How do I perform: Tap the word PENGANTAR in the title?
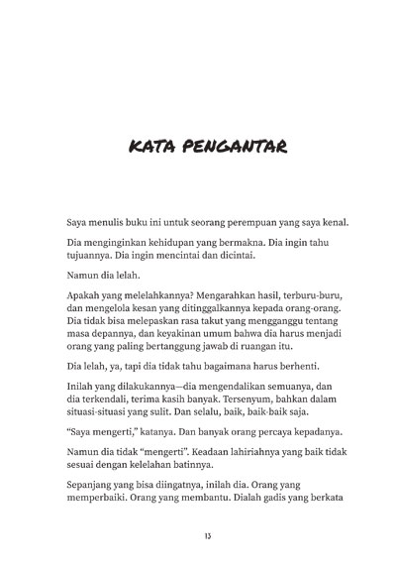tap(231, 149)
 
